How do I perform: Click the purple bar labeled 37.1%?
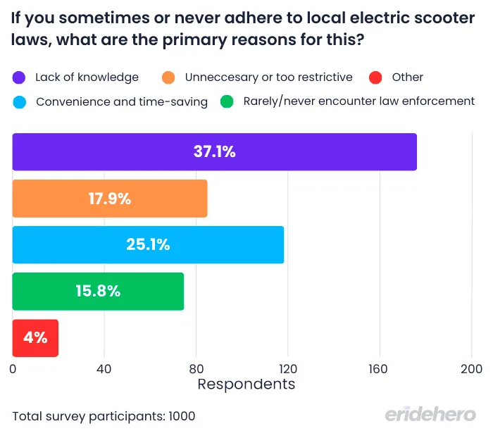pyautogui.click(x=214, y=151)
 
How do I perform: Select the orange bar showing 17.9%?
pyautogui.click(x=109, y=199)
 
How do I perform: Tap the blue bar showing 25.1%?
pyautogui.click(x=148, y=245)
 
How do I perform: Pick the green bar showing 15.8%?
pyautogui.click(x=98, y=292)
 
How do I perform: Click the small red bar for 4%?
pyautogui.click(x=35, y=338)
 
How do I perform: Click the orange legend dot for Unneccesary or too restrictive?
pyautogui.click(x=169, y=77)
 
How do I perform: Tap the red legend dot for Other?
pyautogui.click(x=375, y=77)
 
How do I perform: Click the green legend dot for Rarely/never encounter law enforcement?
pyautogui.click(x=227, y=102)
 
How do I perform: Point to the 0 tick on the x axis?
pyautogui.click(x=13, y=368)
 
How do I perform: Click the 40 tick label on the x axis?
pyautogui.click(x=104, y=368)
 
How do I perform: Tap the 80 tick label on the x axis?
pyautogui.click(x=196, y=368)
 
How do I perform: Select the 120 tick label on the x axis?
pyautogui.click(x=288, y=368)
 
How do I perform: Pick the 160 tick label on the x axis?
pyautogui.click(x=380, y=368)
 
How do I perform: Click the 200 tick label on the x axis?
pyautogui.click(x=471, y=368)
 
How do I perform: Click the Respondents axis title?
pyautogui.click(x=246, y=384)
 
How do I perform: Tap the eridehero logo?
pyautogui.click(x=430, y=415)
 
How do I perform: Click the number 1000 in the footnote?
pyautogui.click(x=181, y=416)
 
